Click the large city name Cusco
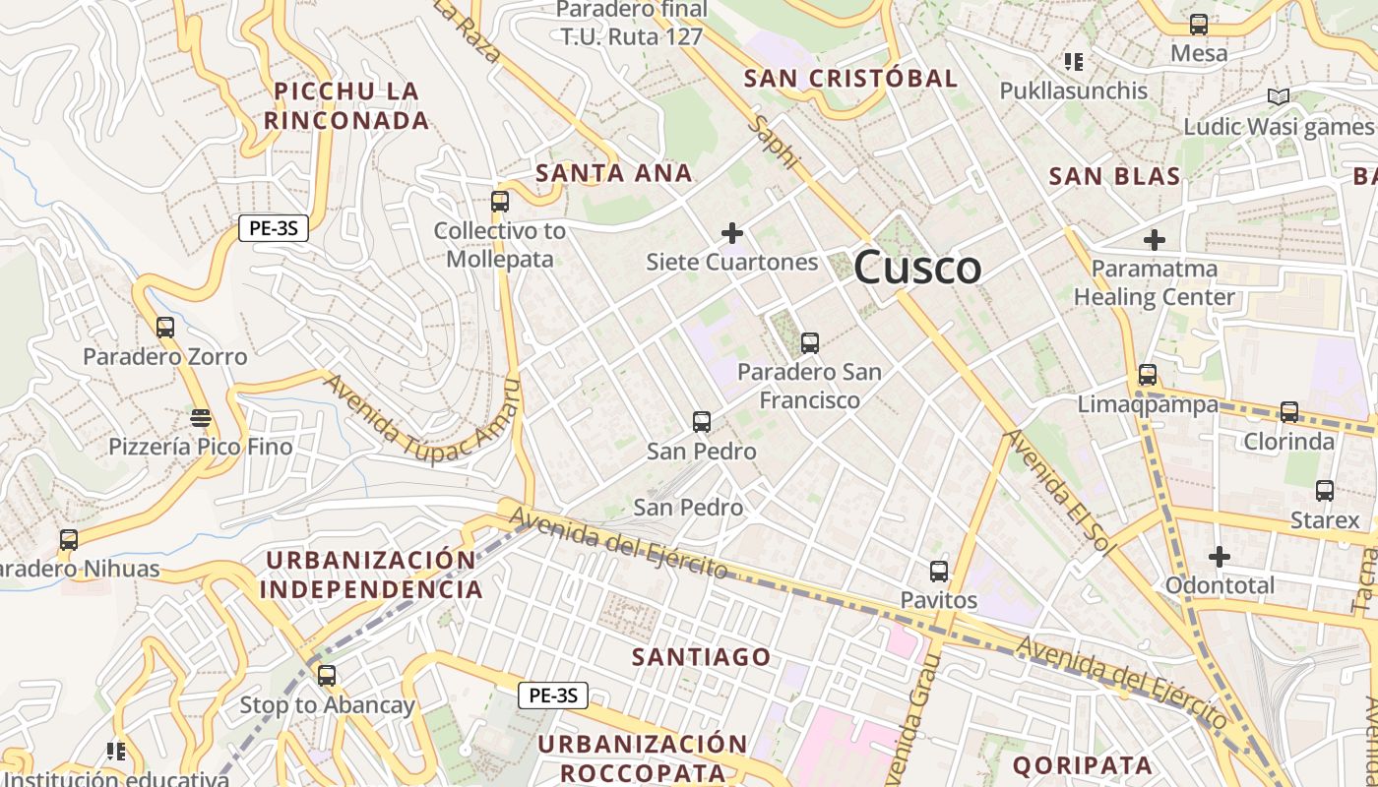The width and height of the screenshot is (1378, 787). pos(917,268)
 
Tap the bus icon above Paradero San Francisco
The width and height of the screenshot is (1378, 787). pos(809,343)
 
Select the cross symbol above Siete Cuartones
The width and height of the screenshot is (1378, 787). pos(732,233)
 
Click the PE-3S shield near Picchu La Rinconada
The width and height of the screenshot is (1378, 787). pos(274,229)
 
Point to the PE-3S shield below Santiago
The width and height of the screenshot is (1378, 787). pos(553,696)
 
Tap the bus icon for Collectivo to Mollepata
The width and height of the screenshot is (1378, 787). pos(500,202)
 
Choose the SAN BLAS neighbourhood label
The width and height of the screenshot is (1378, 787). pos(1114,177)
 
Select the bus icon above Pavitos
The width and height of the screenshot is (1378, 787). pos(939,572)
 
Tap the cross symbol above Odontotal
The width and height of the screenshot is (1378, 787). pos(1220,557)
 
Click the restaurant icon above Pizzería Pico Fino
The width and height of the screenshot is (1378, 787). pos(201,418)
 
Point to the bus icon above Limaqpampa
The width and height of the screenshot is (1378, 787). pos(1148,375)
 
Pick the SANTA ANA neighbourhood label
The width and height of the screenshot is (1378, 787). pos(614,174)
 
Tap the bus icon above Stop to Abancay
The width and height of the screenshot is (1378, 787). pos(327,676)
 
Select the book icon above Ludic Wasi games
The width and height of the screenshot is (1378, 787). pos(1279,97)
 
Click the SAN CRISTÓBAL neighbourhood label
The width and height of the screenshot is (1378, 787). pos(850,79)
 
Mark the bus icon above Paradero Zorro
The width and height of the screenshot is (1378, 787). pos(165,328)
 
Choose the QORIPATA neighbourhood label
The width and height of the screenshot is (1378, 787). pos(1082,765)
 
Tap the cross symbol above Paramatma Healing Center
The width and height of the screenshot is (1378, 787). pos(1155,239)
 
